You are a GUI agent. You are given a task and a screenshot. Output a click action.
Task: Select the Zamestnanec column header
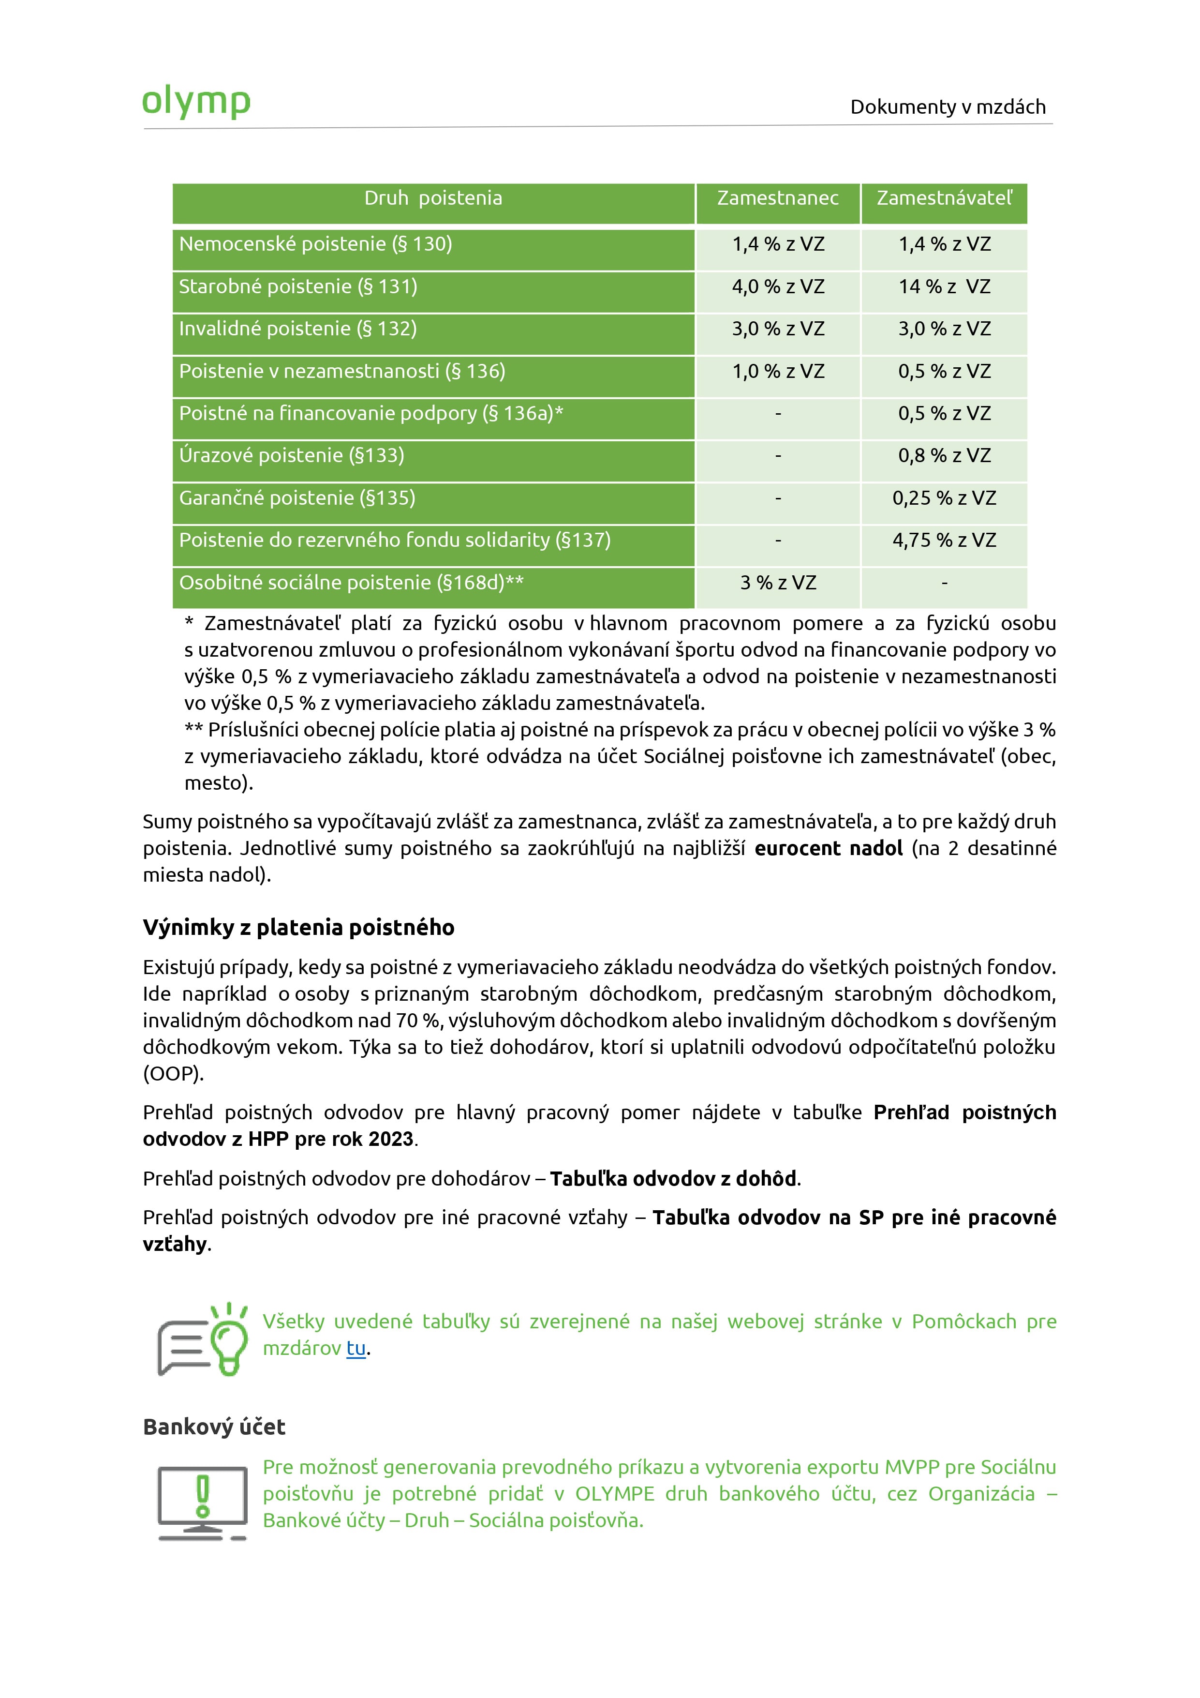[777, 198]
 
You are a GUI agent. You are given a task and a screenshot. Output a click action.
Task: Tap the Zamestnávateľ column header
[944, 198]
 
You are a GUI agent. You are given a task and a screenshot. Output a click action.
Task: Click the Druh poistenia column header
[433, 198]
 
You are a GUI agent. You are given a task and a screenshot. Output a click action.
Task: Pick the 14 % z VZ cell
[944, 287]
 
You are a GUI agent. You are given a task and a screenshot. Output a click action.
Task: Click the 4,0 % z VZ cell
[778, 287]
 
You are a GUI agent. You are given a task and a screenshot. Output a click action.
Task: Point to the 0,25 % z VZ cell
[944, 498]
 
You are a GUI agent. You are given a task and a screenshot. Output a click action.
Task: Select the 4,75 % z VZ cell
[944, 541]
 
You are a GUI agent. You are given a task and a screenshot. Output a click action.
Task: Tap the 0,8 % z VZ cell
[944, 456]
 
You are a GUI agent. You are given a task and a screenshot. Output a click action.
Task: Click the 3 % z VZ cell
[778, 584]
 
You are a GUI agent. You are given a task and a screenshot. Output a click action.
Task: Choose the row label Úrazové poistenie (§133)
[291, 455]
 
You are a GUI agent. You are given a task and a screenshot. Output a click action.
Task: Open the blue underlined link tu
[356, 1348]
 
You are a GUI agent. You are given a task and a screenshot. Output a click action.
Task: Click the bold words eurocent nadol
[828, 848]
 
